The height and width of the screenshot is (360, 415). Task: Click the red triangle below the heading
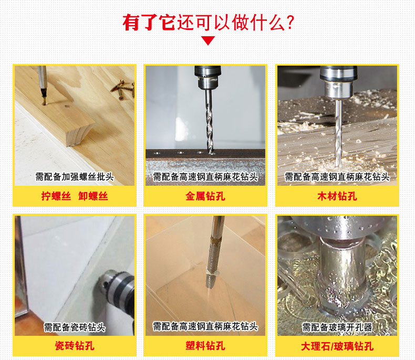[208, 41]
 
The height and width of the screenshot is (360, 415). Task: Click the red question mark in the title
[290, 22]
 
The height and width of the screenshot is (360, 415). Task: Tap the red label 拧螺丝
[56, 196]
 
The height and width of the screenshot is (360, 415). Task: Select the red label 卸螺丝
[93, 196]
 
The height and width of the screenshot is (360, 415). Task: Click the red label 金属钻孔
[205, 196]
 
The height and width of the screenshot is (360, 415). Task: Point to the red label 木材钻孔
[337, 196]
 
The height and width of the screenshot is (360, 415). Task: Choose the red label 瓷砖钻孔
[75, 346]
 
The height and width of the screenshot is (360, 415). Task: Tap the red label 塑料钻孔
[205, 346]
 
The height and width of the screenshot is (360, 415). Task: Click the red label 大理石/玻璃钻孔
[337, 346]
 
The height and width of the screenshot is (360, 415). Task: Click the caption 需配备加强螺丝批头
[75, 176]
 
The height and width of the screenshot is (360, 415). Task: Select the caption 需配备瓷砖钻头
[75, 327]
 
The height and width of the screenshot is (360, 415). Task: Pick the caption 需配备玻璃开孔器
[337, 327]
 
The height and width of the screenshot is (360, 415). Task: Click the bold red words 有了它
[149, 23]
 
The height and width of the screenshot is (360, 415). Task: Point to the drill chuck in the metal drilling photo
[208, 77]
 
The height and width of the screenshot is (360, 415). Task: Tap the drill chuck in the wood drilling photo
[339, 82]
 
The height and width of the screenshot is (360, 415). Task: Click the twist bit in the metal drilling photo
[210, 122]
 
